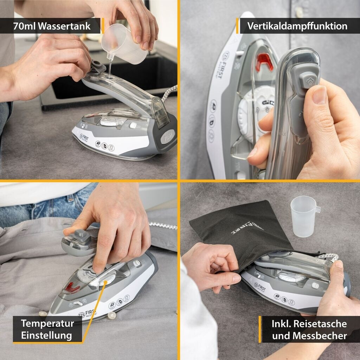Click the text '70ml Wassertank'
52,26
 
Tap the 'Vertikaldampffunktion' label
297,26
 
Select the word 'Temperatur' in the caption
47,323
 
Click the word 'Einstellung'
47,335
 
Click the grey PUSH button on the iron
168,137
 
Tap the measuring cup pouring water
124,44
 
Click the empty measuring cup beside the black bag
304,216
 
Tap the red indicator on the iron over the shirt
72,288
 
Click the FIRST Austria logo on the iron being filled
84,138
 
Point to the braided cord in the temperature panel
163,226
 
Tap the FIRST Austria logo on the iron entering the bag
260,287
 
